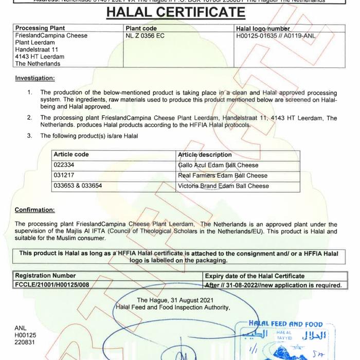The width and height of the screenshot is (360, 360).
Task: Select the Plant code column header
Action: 141,28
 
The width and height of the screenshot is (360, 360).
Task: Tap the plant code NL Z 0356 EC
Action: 145,35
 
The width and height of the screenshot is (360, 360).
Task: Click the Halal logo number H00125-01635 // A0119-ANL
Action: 276,35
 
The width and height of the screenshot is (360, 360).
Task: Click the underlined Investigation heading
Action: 34,78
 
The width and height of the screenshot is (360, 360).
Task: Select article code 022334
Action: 65,165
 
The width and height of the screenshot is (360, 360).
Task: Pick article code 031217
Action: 65,175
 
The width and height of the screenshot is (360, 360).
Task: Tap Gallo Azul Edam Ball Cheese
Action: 218,165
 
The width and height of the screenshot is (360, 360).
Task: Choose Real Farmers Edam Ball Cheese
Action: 223,175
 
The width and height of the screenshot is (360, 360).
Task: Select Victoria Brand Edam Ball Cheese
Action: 223,186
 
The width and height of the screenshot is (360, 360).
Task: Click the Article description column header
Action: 205,154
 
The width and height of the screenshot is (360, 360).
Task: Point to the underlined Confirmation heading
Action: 34,210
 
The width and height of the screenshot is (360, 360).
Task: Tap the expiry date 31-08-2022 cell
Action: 273,284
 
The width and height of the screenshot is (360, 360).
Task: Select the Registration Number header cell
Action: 45,276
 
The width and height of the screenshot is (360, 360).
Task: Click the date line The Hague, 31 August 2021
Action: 172,300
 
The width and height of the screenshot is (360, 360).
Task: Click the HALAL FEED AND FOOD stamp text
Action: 285,325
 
